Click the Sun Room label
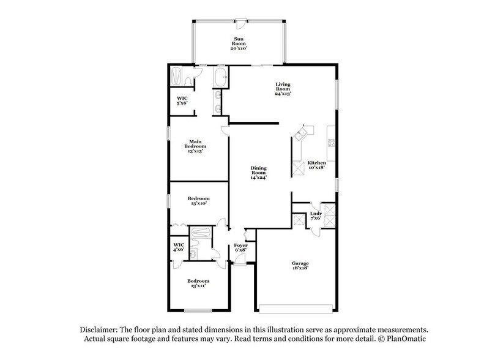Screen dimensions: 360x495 [x=239, y=43]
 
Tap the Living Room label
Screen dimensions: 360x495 [x=282, y=89]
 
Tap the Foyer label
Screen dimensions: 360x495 [x=241, y=247]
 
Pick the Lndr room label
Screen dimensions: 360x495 [x=316, y=215]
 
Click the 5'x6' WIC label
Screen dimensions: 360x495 [x=182, y=101]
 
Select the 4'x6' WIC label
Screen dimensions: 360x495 [x=179, y=247]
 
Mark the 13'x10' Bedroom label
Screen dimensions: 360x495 [x=198, y=201]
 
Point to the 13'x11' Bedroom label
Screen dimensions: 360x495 [x=198, y=283]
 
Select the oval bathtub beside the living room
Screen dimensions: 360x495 [x=220, y=77]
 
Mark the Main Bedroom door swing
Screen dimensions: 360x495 [x=225, y=127]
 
